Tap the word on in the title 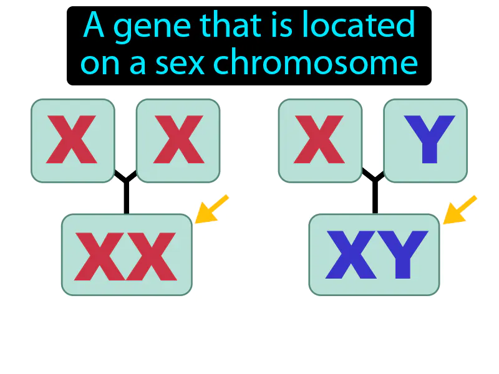98,64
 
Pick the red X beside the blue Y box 319,140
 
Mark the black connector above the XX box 126,193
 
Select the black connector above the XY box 374,193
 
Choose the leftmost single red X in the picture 72,140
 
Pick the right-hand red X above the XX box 178,140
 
